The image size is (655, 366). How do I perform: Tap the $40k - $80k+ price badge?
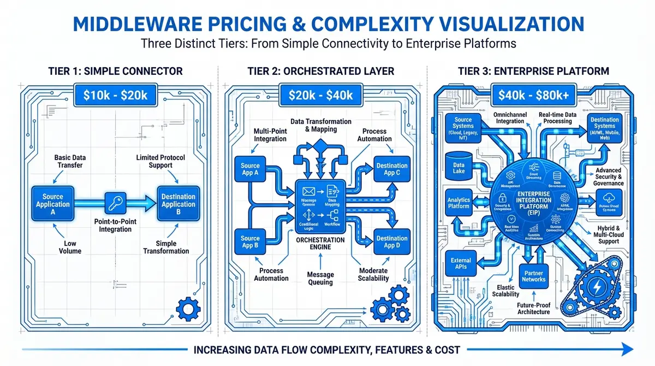533,95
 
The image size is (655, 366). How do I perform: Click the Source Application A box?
53,205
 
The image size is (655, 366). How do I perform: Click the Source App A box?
250,169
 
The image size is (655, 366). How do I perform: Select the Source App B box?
250,243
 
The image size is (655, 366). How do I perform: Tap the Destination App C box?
391,169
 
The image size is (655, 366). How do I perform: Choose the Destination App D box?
391,243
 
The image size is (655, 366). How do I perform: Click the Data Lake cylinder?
458,166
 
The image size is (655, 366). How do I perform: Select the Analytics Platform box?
458,203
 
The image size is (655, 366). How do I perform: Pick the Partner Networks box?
533,276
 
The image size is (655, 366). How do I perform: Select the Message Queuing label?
320,279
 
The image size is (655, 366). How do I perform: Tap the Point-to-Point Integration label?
115,226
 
